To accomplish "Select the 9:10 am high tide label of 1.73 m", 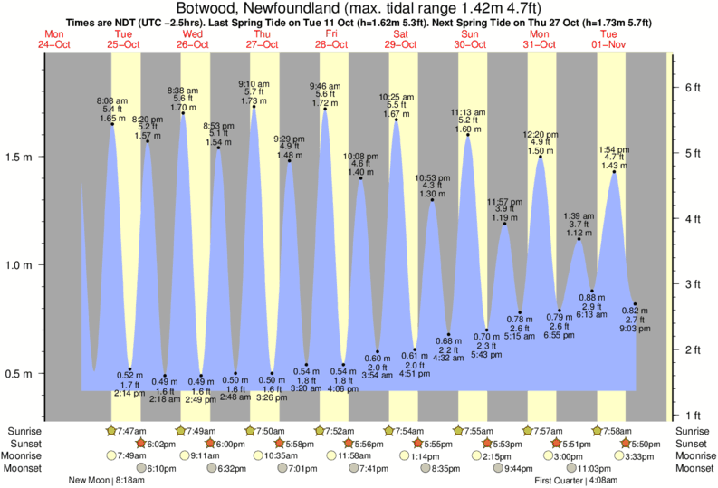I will click(x=253, y=91).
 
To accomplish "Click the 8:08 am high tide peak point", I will click(x=113, y=123).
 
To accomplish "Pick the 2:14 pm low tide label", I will click(x=129, y=384).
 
